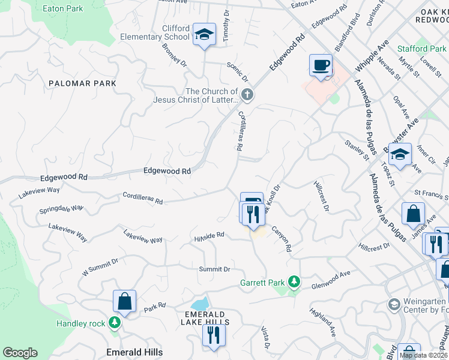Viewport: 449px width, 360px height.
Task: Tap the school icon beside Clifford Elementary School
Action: click(x=204, y=35)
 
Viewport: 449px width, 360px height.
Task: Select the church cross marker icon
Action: click(x=247, y=94)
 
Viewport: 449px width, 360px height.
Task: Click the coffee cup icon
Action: click(x=321, y=65)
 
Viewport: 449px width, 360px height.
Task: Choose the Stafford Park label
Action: click(x=421, y=49)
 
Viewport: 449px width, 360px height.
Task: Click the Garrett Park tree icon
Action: click(x=294, y=281)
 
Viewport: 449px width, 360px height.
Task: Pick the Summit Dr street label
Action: click(x=214, y=269)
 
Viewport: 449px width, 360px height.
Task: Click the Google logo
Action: click(x=20, y=353)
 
